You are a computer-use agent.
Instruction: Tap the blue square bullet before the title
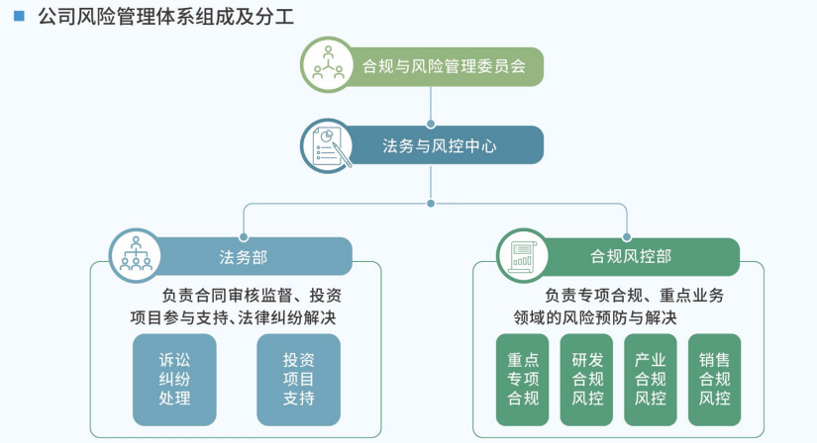[19, 16]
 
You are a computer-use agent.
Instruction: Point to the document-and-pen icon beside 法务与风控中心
[328, 145]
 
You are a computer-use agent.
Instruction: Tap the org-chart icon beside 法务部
[136, 255]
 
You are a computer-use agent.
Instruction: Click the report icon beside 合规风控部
[522, 256]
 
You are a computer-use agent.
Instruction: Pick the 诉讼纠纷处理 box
[174, 380]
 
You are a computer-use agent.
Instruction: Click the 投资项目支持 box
[298, 380]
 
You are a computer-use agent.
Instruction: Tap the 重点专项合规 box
[522, 380]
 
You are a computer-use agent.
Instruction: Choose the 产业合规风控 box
[650, 380]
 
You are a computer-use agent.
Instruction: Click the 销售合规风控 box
[714, 380]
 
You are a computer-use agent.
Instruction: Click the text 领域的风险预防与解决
[595, 317]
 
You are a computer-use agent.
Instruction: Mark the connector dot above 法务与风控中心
[431, 124]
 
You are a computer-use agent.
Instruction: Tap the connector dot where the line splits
[431, 204]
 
